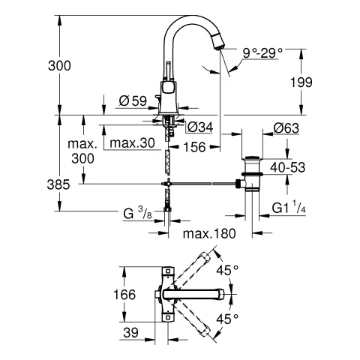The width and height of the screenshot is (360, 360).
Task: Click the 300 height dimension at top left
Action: coord(58,65)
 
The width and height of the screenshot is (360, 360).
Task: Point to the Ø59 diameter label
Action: coord(133,100)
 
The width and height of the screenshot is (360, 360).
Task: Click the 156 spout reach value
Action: coord(196,148)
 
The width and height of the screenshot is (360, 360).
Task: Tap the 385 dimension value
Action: coord(59,184)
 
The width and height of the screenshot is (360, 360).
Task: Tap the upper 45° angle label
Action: coord(226,268)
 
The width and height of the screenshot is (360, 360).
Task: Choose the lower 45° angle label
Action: coord(226,318)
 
